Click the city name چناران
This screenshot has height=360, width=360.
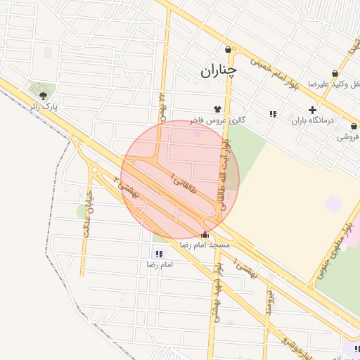coord(219,71)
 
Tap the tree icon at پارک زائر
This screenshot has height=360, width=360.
coord(44,95)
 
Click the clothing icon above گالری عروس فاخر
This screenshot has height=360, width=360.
coord(217,109)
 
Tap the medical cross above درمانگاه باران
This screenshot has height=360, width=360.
coord(312,110)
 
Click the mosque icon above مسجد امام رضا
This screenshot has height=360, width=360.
coord(205,235)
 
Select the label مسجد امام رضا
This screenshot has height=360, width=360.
coord(205,245)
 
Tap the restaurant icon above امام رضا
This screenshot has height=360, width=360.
coord(157,254)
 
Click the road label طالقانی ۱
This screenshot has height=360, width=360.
coord(183,184)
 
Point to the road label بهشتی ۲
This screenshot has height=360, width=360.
coord(127,186)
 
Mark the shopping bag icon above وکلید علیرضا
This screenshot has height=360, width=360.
coord(334,72)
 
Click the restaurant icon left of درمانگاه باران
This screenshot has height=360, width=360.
coord(272,114)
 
